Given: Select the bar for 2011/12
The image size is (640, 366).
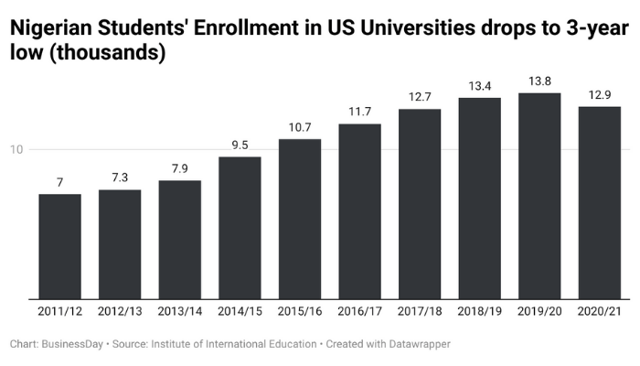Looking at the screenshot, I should coord(59,246).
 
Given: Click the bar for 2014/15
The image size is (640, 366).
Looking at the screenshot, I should coord(240,228).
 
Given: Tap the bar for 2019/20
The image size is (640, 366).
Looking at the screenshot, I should coord(539,196).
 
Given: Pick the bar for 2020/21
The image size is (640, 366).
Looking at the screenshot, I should coord(600,202).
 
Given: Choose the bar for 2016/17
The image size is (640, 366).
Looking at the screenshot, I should coord(359,211).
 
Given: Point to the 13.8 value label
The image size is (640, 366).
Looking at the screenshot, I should coord(539,82).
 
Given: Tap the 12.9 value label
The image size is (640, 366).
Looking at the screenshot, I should coord(600,96).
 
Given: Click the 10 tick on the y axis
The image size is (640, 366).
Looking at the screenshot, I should coord(17,150).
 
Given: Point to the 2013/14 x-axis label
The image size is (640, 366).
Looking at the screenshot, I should coord(180,312).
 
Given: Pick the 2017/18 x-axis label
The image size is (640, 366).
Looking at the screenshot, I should coord(420,312).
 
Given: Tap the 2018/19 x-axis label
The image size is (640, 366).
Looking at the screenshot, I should coord(480,312).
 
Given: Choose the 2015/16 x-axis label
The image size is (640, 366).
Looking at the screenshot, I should coord(300,312).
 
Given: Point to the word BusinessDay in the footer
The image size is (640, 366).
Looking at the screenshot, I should coord(74,345).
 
